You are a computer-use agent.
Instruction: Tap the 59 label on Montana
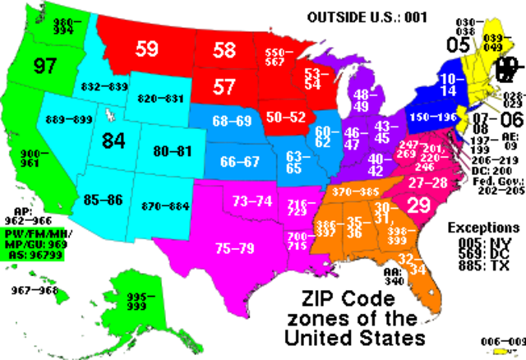click(146, 49)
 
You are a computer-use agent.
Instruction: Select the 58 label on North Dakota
click(224, 50)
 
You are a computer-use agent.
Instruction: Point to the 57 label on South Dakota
click(224, 86)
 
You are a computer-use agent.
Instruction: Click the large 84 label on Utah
click(113, 141)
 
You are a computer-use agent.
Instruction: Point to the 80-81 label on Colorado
click(172, 151)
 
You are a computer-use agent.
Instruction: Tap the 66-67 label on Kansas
click(239, 160)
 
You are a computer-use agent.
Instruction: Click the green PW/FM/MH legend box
click(33, 244)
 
